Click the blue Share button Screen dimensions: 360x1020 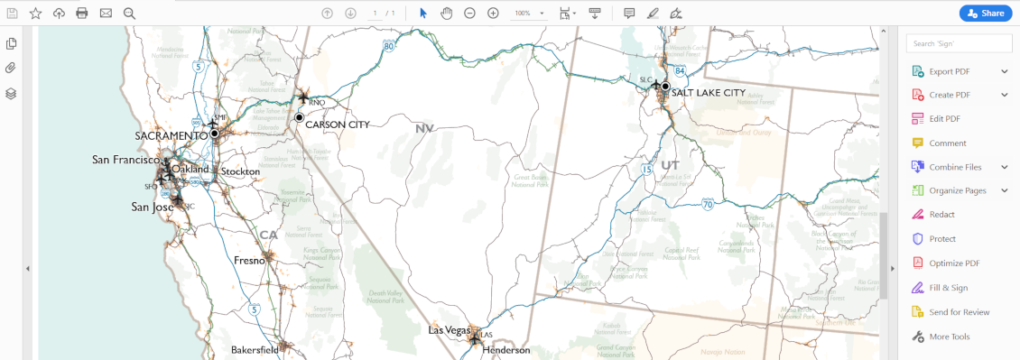[x=985, y=13]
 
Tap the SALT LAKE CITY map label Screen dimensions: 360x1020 [x=709, y=92]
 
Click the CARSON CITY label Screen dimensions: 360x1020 [x=337, y=125]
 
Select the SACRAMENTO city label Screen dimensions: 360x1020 [x=171, y=135]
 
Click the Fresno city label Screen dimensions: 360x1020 [x=249, y=260]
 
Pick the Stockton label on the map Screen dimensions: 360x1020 [x=240, y=171]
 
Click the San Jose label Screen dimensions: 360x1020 [x=153, y=207]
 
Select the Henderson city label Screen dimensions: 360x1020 [x=505, y=350]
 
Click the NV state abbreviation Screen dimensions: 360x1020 [x=424, y=128]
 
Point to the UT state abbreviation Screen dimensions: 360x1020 [x=670, y=165]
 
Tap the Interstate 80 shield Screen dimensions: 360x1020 [x=388, y=45]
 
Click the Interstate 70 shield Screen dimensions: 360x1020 [x=709, y=206]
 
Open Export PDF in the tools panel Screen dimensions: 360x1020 [x=949, y=71]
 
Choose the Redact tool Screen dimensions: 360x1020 [x=941, y=215]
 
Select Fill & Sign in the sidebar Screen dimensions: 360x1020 [x=948, y=288]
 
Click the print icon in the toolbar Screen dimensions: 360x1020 [x=82, y=13]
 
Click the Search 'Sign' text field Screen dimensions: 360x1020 [x=960, y=43]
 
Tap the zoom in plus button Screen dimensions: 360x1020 [x=493, y=13]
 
